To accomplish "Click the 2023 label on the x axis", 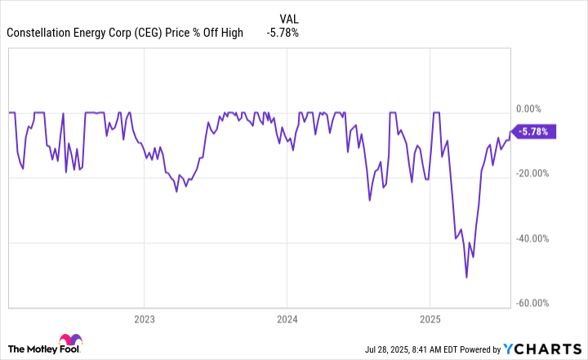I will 144,318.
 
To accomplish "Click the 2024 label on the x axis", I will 287,318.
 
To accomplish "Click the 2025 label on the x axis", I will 430,318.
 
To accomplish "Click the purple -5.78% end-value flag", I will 535,131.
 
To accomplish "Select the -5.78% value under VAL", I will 283,33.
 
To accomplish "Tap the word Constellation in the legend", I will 38,33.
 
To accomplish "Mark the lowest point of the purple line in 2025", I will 466,278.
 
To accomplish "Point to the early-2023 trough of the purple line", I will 176,191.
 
